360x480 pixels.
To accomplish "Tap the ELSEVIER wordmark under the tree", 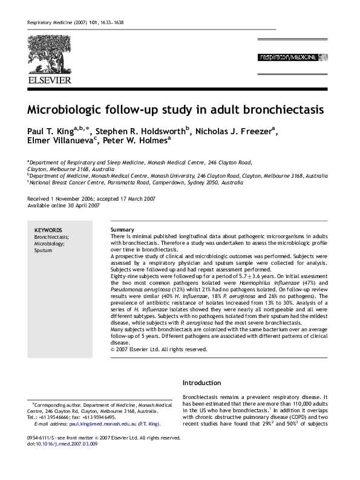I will point(49,79).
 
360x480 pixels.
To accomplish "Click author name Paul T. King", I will point(54,131).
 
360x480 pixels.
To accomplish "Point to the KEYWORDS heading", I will point(48,230).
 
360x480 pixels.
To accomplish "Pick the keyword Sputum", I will point(44,250).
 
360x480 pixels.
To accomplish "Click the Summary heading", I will point(123,230).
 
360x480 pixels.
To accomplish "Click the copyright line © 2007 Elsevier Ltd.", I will point(159,349).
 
